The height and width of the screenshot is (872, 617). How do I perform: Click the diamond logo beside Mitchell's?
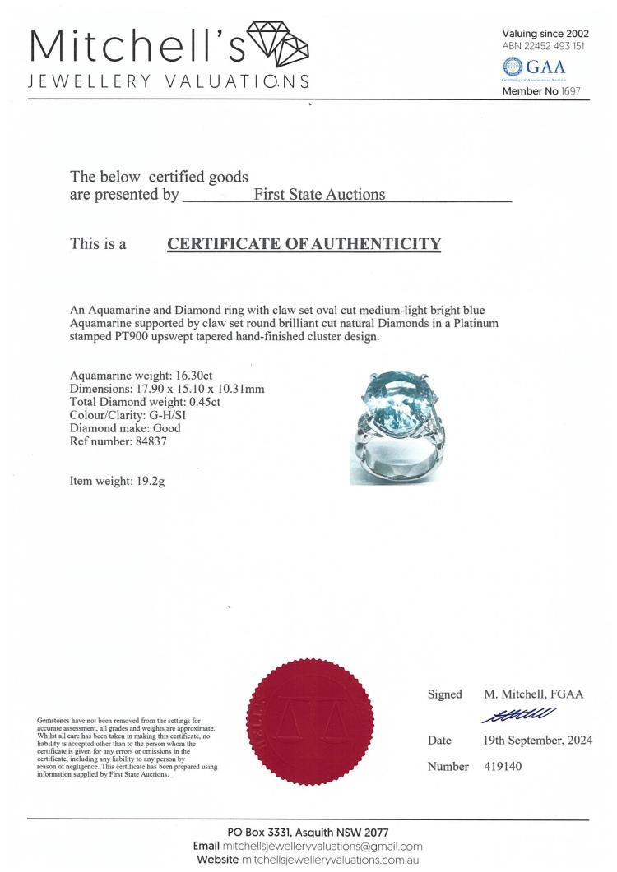277,46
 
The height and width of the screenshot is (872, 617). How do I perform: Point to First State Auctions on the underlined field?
319,195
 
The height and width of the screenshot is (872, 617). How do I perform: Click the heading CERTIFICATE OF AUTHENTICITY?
304,244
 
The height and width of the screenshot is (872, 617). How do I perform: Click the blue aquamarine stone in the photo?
397,403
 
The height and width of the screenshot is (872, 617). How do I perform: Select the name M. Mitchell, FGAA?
533,694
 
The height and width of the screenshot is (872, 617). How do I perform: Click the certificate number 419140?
503,767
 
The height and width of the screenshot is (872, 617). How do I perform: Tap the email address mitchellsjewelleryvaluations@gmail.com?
322,847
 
